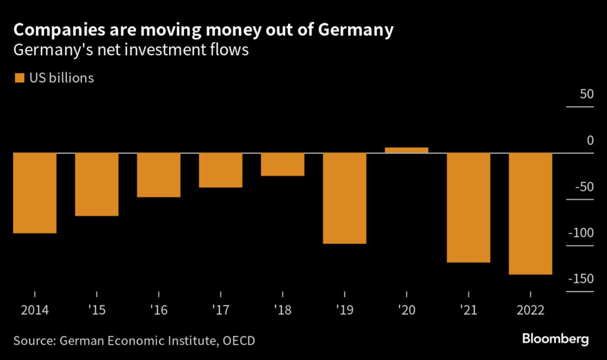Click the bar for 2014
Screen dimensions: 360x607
tap(34, 193)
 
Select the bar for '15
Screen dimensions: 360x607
tap(97, 184)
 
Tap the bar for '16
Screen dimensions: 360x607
tap(158, 175)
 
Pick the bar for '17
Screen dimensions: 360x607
tap(221, 170)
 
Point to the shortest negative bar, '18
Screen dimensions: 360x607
tap(282, 164)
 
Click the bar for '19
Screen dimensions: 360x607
tap(344, 198)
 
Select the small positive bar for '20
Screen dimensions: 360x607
tap(407, 150)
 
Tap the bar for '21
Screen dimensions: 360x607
tap(468, 208)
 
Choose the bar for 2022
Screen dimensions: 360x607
tap(531, 214)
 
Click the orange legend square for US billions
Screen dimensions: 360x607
tap(20, 78)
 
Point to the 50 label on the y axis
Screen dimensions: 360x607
tap(585, 95)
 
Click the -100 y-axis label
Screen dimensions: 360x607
tap(580, 232)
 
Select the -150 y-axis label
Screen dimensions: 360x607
tap(580, 279)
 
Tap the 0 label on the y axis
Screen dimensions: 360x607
tap(590, 141)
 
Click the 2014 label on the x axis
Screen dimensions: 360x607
tap(34, 310)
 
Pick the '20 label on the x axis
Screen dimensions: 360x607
tap(407, 310)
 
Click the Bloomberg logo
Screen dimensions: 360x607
tap(555, 339)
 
